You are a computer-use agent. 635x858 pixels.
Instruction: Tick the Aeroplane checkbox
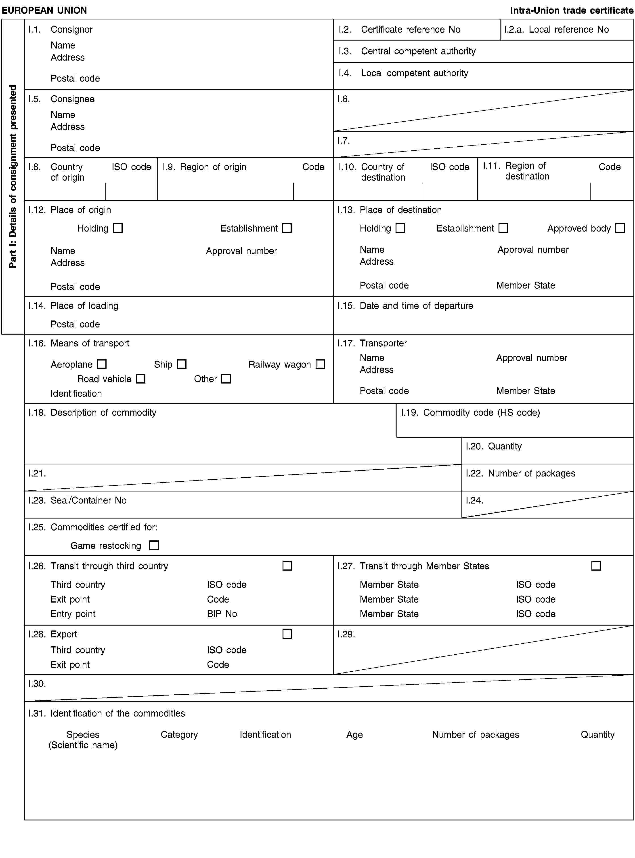pos(102,364)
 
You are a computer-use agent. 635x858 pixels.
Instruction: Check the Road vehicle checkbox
pos(141,379)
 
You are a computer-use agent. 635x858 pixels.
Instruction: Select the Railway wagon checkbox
pos(320,364)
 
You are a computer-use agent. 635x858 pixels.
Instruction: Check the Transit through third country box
pos(287,566)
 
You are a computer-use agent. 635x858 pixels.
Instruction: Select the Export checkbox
pos(287,634)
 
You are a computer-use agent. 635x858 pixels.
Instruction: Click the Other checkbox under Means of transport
pos(226,379)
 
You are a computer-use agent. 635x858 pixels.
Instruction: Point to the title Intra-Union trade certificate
pos(572,10)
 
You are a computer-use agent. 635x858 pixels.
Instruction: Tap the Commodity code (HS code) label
pos(481,413)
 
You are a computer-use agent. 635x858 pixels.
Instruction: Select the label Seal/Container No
pos(88,500)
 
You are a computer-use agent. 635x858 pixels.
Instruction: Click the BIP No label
pos(222,614)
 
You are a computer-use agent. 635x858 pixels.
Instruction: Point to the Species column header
pos(83,735)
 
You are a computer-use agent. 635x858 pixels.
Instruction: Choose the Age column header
pos(354,735)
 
